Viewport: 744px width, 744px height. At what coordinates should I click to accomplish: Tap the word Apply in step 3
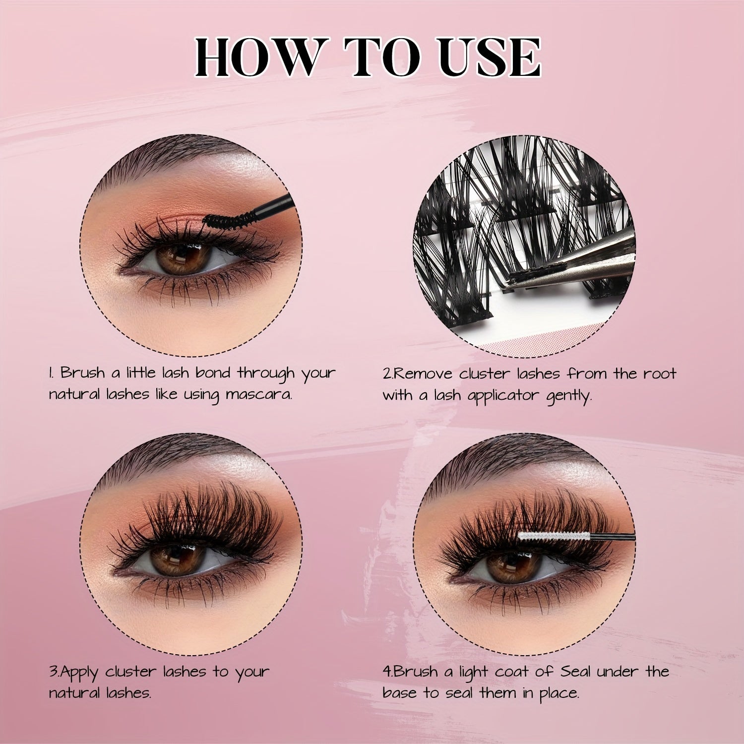[80, 673]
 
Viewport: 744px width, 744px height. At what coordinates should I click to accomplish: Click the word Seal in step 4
[576, 672]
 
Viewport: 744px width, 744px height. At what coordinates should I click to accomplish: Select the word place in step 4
[559, 693]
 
